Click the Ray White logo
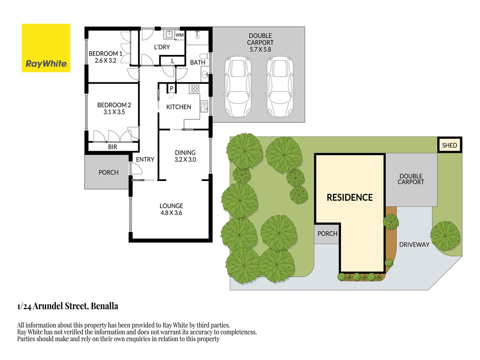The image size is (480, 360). (x=46, y=48)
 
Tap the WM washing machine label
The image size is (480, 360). (x=180, y=35)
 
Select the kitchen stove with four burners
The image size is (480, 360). (x=195, y=89)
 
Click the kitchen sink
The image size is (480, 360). (x=204, y=106)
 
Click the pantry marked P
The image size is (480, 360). (x=172, y=89)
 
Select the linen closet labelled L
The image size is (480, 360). (x=173, y=61)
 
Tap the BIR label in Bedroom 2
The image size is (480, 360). (x=113, y=147)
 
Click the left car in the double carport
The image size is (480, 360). (x=238, y=87)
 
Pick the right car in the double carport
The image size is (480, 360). (x=280, y=87)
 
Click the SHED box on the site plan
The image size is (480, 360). (x=449, y=145)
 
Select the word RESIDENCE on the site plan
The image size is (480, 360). (x=349, y=197)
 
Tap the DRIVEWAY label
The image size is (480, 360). (x=414, y=245)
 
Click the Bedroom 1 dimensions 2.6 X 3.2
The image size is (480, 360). (x=105, y=61)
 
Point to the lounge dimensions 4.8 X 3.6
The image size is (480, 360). (x=171, y=213)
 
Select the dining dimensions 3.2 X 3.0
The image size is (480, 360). (x=185, y=160)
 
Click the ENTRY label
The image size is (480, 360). (x=145, y=160)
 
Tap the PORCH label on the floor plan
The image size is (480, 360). (x=108, y=172)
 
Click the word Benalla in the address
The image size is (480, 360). (x=104, y=306)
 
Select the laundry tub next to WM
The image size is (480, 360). (x=169, y=34)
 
